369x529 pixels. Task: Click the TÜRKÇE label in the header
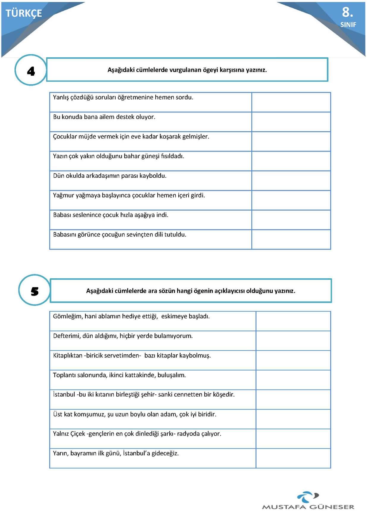point(24,13)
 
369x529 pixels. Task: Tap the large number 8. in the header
point(347,12)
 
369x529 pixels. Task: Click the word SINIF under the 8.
point(348,25)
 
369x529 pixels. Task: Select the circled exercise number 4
point(31,71)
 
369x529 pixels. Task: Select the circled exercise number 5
point(34,291)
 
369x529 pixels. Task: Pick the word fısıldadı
point(172,156)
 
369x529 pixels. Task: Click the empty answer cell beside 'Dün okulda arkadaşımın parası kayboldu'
point(291,181)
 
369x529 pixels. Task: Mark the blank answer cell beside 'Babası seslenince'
point(291,220)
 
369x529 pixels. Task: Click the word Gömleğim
point(67,316)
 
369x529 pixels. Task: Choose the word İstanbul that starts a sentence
point(64,395)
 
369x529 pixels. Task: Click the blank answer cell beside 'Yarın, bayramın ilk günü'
point(293,458)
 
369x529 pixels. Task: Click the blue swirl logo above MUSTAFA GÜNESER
point(308,497)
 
